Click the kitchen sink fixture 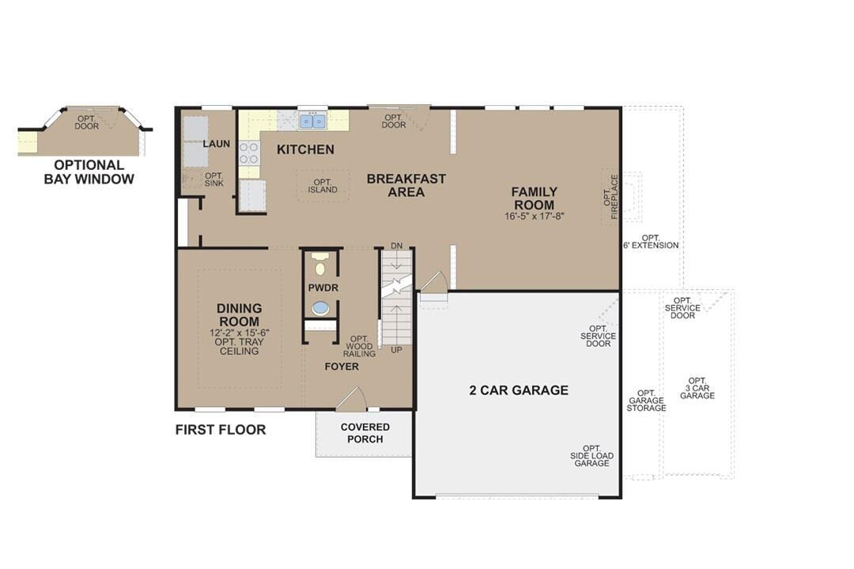tap(312, 121)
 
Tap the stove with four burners tap(249, 152)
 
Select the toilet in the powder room tap(320, 264)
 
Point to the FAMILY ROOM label tap(534, 198)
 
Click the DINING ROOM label tap(239, 315)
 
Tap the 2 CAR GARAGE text tap(519, 390)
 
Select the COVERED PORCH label tap(365, 433)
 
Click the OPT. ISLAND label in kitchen tap(323, 186)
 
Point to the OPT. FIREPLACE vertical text tap(611, 197)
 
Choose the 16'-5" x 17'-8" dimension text tap(534, 216)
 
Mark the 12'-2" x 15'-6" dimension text tap(239, 333)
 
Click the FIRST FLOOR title tap(221, 430)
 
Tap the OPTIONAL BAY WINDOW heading tap(89, 171)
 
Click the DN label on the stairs tap(396, 247)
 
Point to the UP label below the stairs tap(396, 349)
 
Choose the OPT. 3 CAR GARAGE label tap(697, 388)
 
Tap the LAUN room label tap(216, 144)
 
